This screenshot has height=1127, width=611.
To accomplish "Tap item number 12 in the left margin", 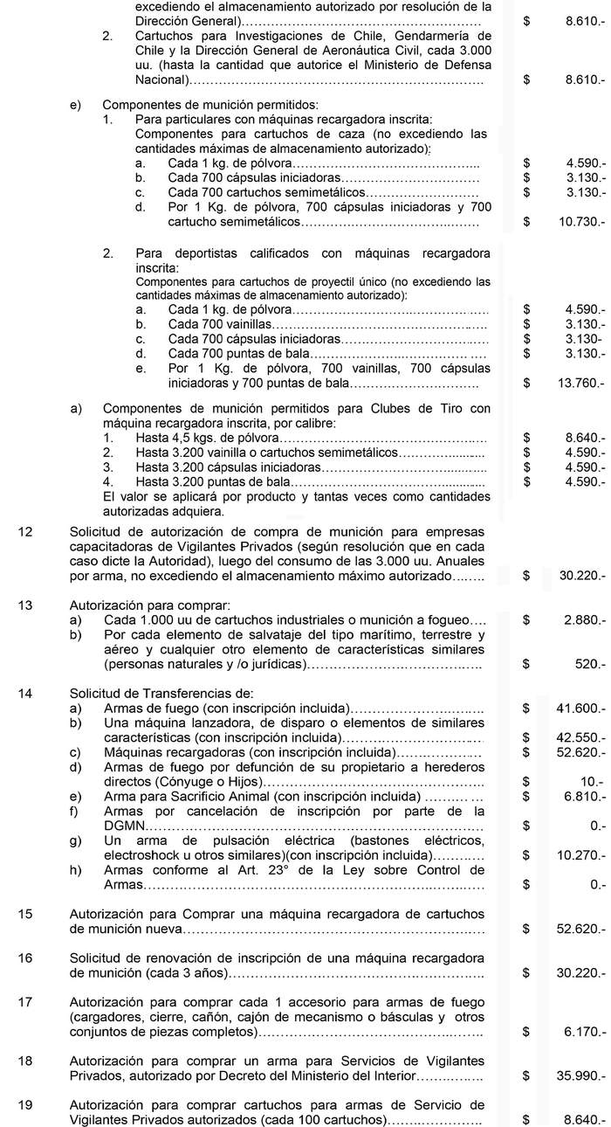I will tap(24, 533).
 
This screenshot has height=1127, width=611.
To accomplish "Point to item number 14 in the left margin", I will tap(24, 668).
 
